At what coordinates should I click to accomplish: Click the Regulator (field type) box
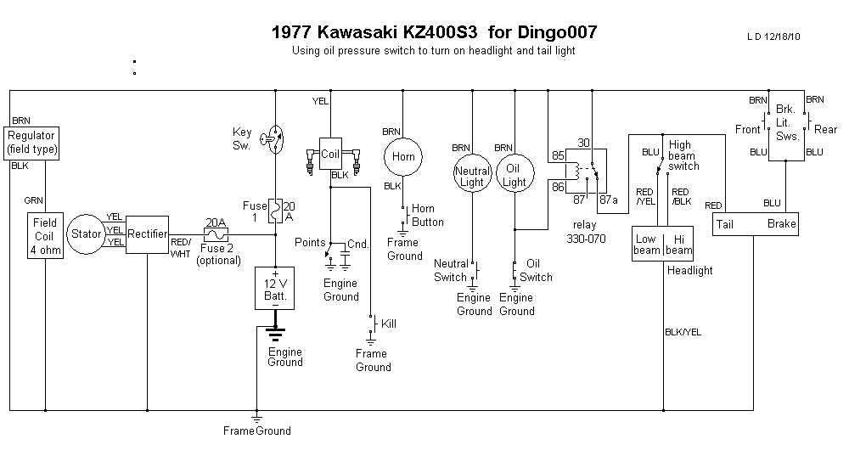pyautogui.click(x=31, y=142)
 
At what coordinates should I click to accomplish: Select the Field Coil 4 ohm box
pyautogui.click(x=45, y=236)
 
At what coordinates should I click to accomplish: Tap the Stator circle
pyautogui.click(x=86, y=233)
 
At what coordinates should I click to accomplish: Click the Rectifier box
pyautogui.click(x=147, y=233)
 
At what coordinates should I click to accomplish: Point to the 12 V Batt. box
pyautogui.click(x=274, y=289)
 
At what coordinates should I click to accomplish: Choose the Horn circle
pyautogui.click(x=402, y=158)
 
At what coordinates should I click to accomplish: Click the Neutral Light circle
pyautogui.click(x=471, y=176)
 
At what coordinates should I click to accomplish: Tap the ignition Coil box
pyautogui.click(x=330, y=154)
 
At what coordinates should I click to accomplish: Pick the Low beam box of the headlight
pyautogui.click(x=647, y=245)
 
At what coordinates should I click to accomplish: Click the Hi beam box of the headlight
pyautogui.click(x=678, y=245)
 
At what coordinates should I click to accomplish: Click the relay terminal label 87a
pyautogui.click(x=608, y=200)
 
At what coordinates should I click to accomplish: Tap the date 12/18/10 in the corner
pyautogui.click(x=783, y=37)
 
